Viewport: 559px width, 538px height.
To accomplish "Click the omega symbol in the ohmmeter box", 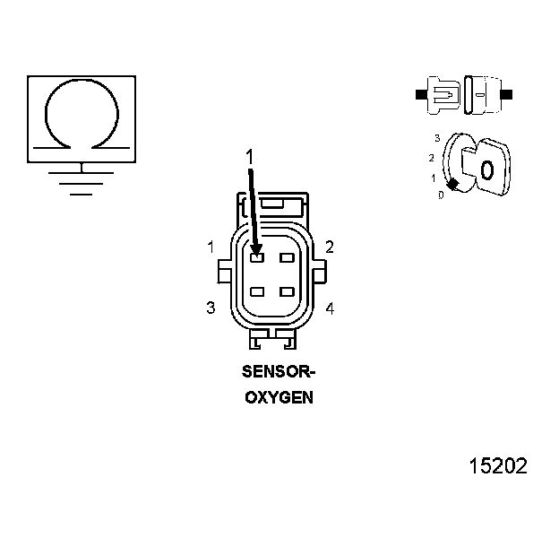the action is pos(82,112).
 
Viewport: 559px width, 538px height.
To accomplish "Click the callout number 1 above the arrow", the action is pos(250,158).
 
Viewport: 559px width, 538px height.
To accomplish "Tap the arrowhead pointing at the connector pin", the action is pos(257,250).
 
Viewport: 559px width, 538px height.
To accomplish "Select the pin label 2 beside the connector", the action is pos(330,247).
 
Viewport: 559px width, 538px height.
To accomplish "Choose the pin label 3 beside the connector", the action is pos(211,308).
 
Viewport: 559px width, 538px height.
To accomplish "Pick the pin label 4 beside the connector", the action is pos(330,308).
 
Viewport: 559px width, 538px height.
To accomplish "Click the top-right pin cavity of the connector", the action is pos(287,258).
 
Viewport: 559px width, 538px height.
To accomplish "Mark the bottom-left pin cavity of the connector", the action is pos(257,292).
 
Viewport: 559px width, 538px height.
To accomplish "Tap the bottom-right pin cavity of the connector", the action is pos(287,292).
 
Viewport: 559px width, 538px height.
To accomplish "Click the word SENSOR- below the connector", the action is pos(279,370).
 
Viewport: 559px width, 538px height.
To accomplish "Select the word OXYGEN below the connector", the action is pos(279,397).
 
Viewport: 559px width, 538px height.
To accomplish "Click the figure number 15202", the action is pos(498,466).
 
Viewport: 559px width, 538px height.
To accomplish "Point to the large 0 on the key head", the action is pos(487,169).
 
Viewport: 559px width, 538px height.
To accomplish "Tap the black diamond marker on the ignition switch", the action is pos(453,184).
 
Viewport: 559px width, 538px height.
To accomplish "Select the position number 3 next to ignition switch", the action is pos(436,138).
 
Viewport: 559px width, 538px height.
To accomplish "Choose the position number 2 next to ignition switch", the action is pos(432,158).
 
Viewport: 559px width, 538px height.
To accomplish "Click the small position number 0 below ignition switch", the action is pos(440,195).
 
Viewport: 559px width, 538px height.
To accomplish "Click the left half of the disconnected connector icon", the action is pos(443,93).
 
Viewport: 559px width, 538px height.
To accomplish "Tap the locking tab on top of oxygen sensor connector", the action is pos(272,204).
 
